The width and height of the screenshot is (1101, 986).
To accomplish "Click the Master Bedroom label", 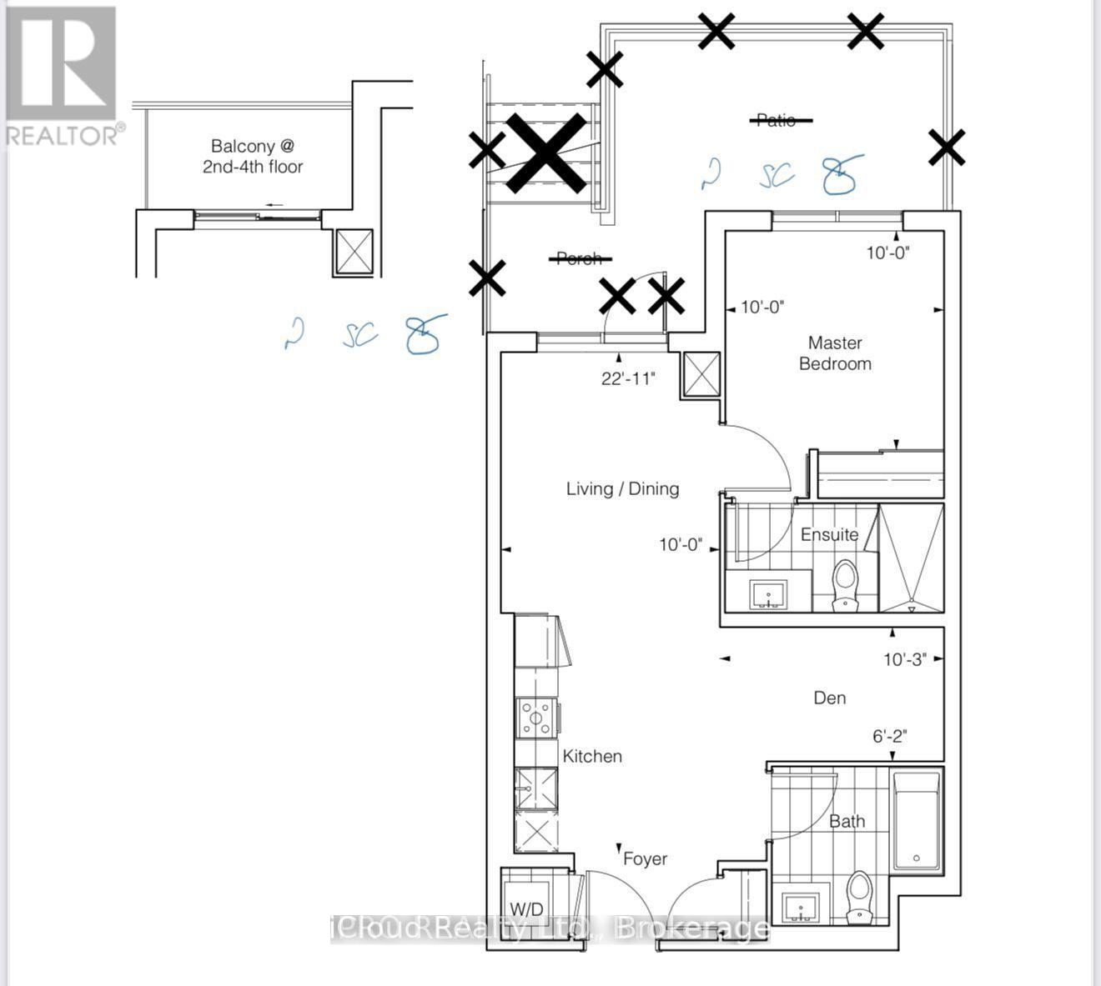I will (835, 353).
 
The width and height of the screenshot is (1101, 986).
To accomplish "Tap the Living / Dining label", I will (622, 489).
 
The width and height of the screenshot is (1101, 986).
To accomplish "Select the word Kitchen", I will (592, 757).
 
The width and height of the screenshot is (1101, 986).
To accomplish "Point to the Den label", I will (829, 698).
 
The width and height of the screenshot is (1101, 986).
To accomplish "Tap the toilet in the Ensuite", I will (845, 583).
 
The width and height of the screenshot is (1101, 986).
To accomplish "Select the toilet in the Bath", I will (858, 897).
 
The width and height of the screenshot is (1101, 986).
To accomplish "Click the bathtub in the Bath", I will (916, 821).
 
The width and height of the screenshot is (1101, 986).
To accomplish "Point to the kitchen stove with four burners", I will (535, 718).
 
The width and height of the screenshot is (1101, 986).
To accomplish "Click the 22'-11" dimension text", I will (628, 379).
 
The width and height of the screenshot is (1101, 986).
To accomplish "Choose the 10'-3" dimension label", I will (905, 660).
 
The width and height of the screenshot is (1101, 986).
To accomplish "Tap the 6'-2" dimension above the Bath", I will (889, 736).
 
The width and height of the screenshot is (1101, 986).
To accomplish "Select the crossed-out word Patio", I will (777, 120).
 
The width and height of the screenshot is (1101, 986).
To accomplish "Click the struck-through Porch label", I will (579, 259).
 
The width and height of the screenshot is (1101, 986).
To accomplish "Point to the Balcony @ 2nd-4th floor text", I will (253, 157).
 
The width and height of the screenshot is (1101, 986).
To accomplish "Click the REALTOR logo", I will (63, 76).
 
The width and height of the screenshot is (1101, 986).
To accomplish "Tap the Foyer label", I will (645, 858).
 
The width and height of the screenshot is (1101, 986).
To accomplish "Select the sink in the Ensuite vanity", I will (767, 595).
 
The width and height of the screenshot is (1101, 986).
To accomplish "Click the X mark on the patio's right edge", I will (947, 148).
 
